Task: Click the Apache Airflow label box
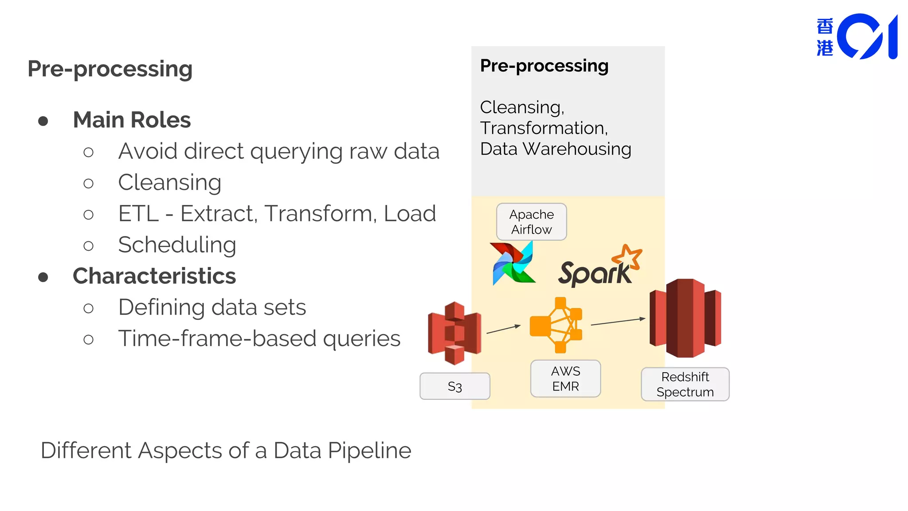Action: [x=531, y=222]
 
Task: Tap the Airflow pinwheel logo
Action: [x=513, y=263]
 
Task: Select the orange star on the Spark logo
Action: [x=627, y=257]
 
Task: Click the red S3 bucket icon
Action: [x=454, y=333]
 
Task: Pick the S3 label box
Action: [x=454, y=386]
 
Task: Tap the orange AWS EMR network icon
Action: [x=556, y=325]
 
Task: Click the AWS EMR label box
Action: [x=565, y=378]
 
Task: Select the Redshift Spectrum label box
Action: [x=685, y=384]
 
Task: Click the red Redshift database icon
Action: [x=685, y=318]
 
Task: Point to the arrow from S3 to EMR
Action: [x=503, y=329]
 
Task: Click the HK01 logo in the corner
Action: [x=857, y=37]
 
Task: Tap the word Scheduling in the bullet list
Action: [x=177, y=245]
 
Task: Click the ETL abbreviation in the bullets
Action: [x=138, y=214]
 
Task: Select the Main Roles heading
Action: [x=132, y=120]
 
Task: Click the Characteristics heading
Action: [x=154, y=276]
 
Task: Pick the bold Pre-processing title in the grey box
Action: [x=544, y=66]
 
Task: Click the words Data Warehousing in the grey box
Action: [x=556, y=149]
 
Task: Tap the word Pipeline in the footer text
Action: [x=369, y=451]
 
